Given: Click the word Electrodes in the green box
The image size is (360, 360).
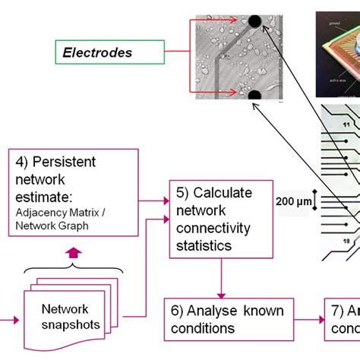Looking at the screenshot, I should (97, 53).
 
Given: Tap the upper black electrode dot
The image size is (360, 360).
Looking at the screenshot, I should (254, 21).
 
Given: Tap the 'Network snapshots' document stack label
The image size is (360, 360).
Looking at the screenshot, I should (65, 317).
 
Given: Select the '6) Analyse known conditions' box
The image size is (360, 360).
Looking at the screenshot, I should (229, 319).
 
